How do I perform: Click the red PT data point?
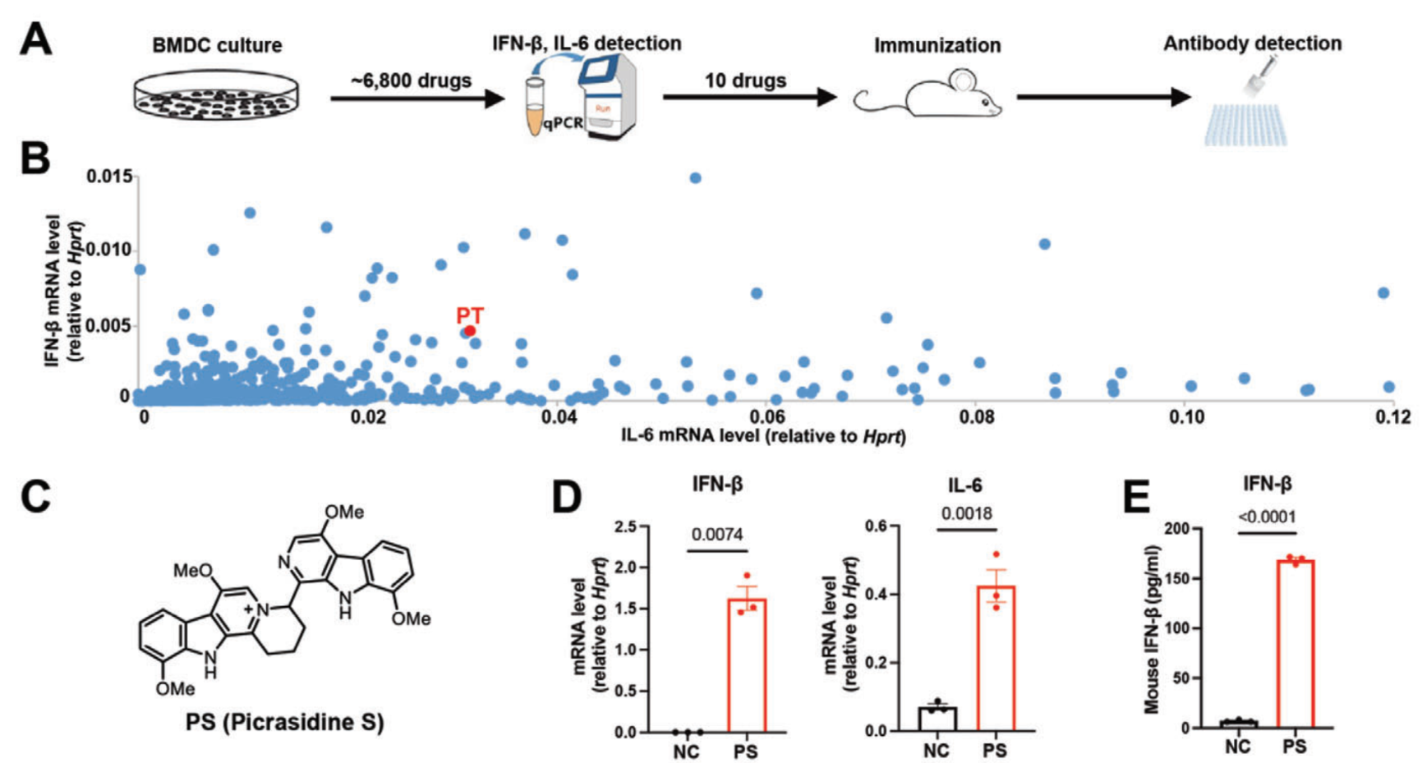point(470,330)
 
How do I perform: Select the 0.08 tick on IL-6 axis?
point(977,416)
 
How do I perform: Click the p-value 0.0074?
point(717,535)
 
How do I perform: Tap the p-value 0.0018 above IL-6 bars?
point(966,514)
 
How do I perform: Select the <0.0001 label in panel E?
point(1267,517)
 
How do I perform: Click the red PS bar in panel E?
point(1295,644)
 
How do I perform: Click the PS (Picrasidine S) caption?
point(284,723)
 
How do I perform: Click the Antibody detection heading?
point(1252,44)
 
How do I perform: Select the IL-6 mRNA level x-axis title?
point(763,437)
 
